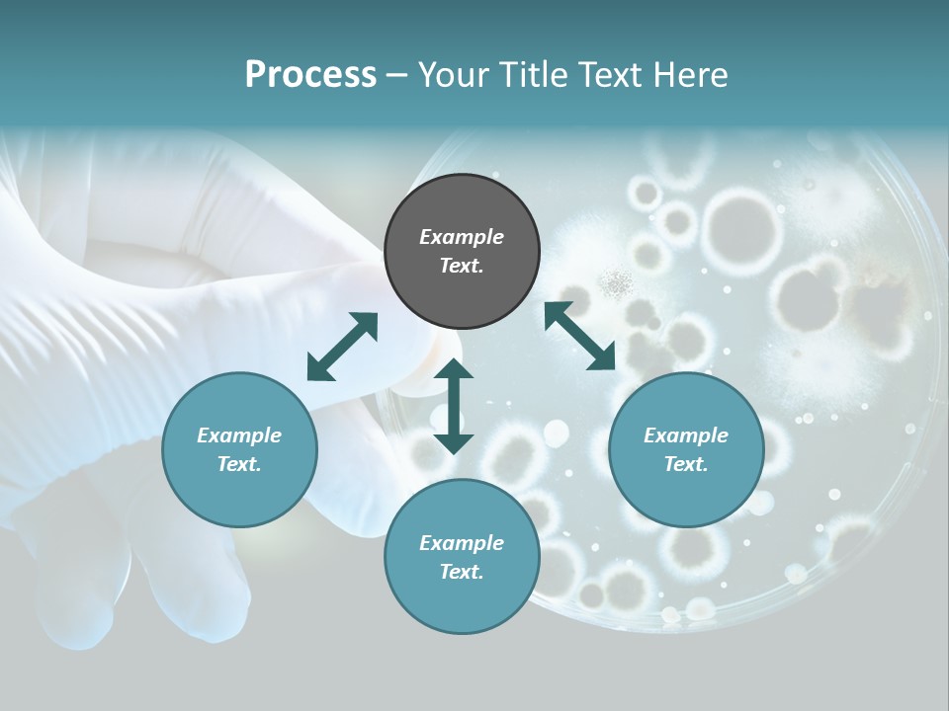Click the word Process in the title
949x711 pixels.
pyautogui.click(x=310, y=75)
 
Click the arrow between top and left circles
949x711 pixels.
pyautogui.click(x=342, y=347)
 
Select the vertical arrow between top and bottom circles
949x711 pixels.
pyautogui.click(x=454, y=406)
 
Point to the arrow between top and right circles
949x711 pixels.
pyautogui.click(x=579, y=336)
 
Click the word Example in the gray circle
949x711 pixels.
pyautogui.click(x=462, y=237)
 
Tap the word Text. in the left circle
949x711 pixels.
pyautogui.click(x=239, y=464)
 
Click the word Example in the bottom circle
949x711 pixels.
pyautogui.click(x=462, y=543)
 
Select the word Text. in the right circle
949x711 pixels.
pyautogui.click(x=686, y=464)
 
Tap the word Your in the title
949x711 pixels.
pyautogui.click(x=452, y=75)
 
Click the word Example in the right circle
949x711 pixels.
pyautogui.click(x=686, y=435)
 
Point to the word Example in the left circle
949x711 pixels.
pyautogui.click(x=239, y=435)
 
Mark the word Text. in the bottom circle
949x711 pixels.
pyautogui.click(x=462, y=572)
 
